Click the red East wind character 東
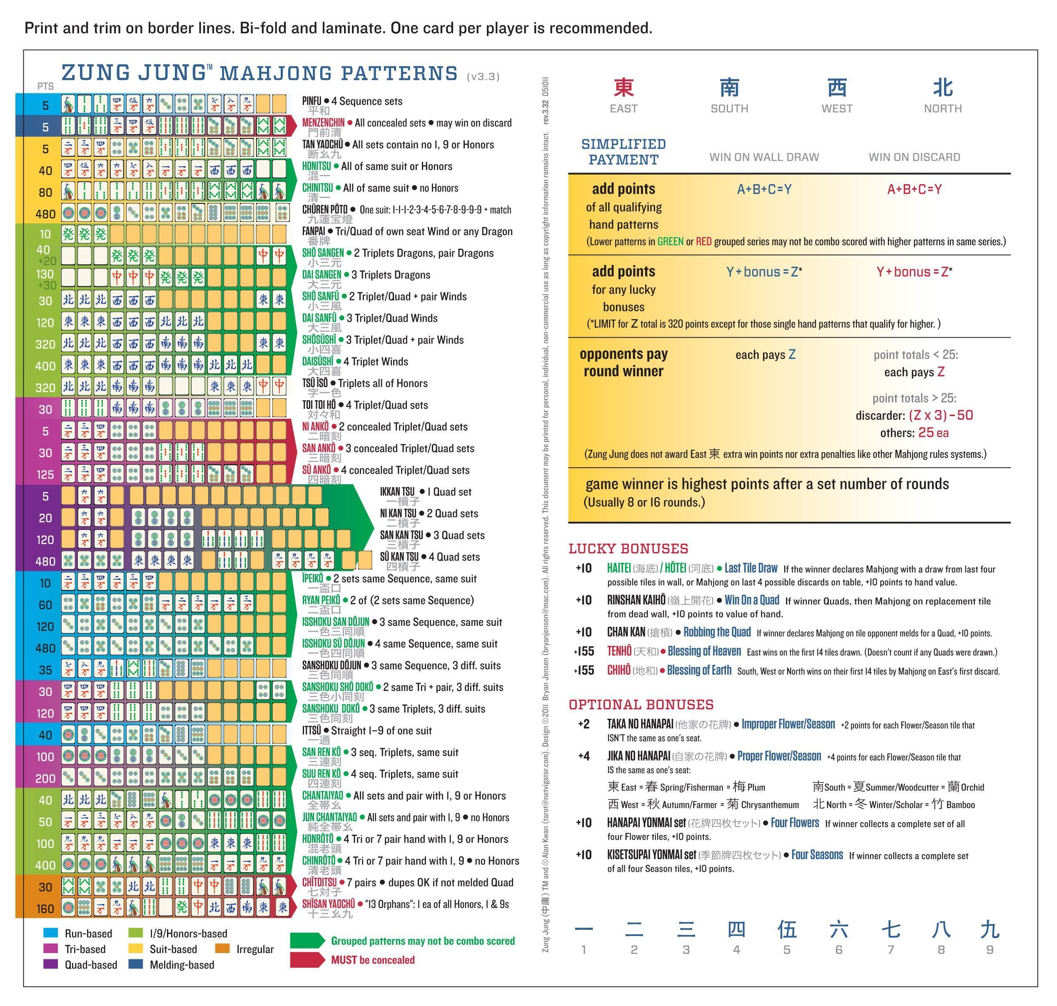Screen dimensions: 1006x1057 (623, 88)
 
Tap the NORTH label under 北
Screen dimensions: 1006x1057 (942, 109)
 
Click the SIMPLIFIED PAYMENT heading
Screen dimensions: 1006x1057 (623, 152)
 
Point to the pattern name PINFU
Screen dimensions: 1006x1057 (312, 101)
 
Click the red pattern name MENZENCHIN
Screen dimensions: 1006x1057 (323, 123)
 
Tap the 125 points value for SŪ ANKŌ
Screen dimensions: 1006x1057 (45, 475)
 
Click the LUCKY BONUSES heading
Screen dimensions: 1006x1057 (628, 548)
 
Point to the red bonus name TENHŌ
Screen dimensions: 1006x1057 (619, 651)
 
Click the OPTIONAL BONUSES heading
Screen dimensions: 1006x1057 (641, 705)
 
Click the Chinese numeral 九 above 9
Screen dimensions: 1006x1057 (990, 930)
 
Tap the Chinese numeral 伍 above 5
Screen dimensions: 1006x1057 (787, 930)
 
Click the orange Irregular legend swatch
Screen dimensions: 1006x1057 (222, 948)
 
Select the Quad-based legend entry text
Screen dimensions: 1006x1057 (91, 965)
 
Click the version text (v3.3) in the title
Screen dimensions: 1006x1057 (483, 77)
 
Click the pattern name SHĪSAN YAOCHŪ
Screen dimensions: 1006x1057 (329, 904)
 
